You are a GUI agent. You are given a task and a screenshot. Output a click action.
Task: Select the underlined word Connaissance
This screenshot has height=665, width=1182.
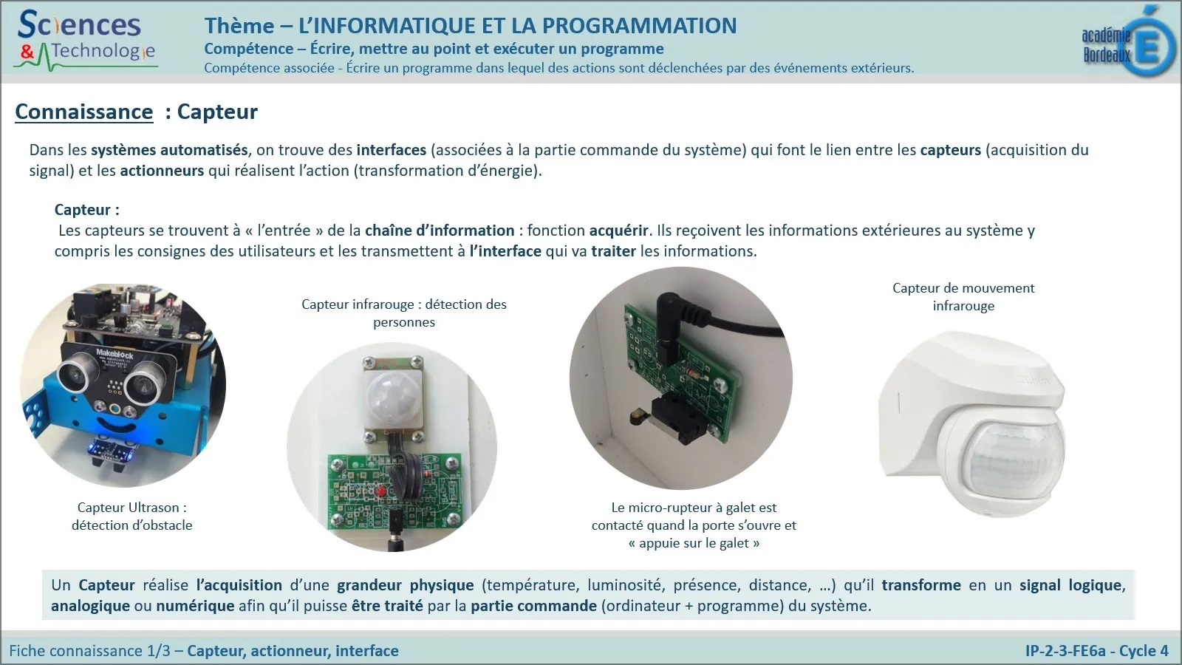[84, 112]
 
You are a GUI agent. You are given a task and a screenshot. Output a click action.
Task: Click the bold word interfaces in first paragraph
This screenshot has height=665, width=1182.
[391, 150]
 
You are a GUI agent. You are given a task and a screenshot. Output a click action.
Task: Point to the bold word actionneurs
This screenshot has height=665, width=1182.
[162, 171]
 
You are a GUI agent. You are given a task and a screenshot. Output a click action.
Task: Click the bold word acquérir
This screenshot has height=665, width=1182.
[618, 231]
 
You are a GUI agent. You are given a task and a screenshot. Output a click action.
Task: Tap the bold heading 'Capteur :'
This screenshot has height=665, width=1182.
[87, 210]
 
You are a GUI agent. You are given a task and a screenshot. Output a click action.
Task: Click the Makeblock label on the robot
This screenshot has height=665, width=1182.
[115, 354]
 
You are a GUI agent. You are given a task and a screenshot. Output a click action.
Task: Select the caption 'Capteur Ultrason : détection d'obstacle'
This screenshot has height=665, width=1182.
[132, 516]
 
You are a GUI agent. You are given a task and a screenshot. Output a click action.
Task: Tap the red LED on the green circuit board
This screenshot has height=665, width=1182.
[381, 491]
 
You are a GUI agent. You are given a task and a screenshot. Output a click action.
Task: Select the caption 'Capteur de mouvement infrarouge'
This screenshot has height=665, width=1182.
[963, 296]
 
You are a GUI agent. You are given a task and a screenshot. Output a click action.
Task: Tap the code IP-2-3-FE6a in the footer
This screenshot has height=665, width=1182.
[1065, 651]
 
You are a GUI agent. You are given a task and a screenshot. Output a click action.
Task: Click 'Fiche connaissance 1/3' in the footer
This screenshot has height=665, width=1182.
[89, 651]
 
